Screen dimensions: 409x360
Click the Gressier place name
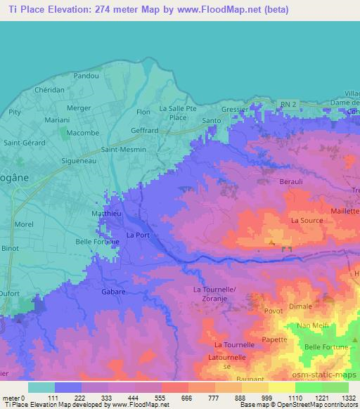[x=235, y=110]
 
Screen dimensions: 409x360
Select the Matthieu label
[x=108, y=212]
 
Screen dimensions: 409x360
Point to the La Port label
[x=139, y=235]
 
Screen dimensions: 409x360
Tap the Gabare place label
[x=114, y=291]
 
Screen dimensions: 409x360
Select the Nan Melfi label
[x=314, y=325]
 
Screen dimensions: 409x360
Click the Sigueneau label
[x=79, y=160]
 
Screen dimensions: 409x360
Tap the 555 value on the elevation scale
[x=149, y=398]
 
